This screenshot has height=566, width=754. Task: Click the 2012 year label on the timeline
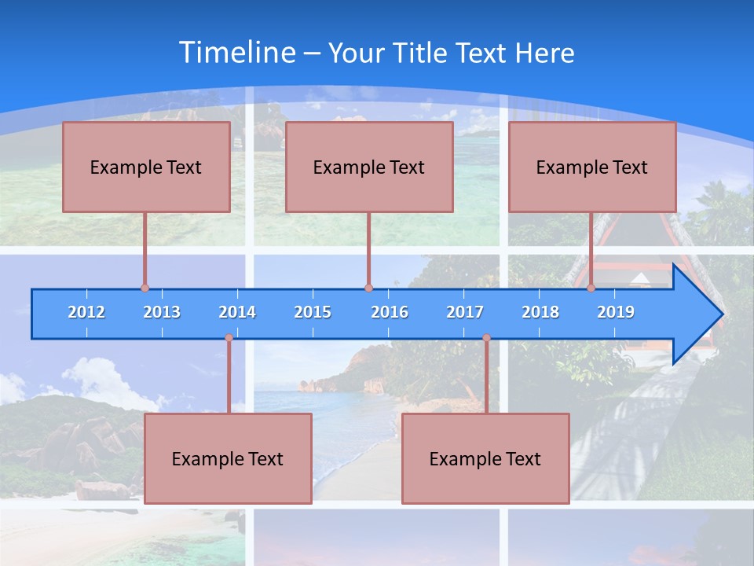86,312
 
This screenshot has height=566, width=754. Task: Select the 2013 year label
162,312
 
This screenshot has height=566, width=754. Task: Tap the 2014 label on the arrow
237,312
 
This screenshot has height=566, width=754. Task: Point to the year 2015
313,312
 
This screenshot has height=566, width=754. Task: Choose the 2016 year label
390,312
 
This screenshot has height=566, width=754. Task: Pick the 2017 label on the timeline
465,312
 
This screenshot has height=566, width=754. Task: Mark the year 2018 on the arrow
540,312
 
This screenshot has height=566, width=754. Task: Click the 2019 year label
616,312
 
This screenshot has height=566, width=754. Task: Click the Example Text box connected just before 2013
146,167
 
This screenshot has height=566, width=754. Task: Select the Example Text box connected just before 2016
369,167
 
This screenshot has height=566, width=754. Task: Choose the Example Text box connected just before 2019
592,167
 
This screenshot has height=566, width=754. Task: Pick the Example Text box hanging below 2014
228,458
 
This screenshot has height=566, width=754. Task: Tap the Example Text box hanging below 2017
485,458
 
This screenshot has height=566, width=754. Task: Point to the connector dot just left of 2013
145,289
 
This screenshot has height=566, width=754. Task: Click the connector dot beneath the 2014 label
229,338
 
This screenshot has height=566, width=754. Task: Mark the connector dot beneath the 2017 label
486,338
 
